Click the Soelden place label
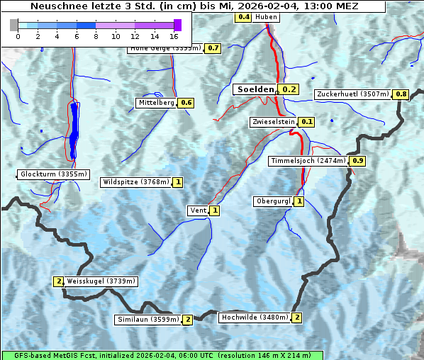coord(255,89)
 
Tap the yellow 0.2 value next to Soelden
coord(289,89)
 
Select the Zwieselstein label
coord(272,122)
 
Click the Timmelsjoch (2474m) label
coord(308,161)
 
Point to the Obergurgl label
coord(273,201)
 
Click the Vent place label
coord(198,210)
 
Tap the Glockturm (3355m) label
coord(54,174)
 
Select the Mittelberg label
coord(156,103)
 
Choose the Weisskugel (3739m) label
coord(101,281)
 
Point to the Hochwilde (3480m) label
coord(254,317)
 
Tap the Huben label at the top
coord(266,17)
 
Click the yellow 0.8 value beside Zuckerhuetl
coord(401,94)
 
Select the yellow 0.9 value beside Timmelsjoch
coord(358,161)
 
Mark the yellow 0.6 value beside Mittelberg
coord(186,103)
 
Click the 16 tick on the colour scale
coord(174,35)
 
